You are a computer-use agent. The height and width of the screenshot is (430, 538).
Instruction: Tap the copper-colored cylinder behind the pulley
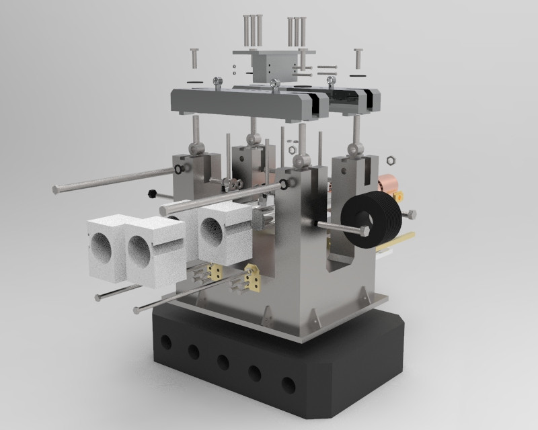389,185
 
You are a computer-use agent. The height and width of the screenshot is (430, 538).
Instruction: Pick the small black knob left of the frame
153,193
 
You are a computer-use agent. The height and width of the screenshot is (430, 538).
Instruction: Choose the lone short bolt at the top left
194,58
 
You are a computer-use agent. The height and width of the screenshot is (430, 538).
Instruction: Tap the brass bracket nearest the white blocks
217,270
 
